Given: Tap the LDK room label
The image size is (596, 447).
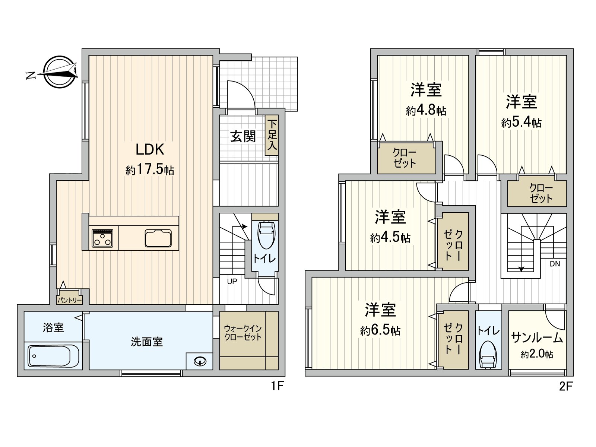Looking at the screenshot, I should tap(150, 150).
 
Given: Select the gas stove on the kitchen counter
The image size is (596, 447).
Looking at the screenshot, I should tap(102, 238).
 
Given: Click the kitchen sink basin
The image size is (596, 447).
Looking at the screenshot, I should tap(158, 238).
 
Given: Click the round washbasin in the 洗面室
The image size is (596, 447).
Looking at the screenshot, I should tap(200, 361).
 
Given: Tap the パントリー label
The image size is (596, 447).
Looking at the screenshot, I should tap(69, 300).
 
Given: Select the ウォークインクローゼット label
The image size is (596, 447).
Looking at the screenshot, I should tap(243, 333).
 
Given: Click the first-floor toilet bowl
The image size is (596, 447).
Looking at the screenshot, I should tap(266, 235).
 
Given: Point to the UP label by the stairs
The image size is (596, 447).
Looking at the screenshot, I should tap(232, 282).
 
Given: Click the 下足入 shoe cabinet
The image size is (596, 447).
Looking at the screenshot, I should tap(272, 135).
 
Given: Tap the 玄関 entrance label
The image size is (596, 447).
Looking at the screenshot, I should tap(243, 137).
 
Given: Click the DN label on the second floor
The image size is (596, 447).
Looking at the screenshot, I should tap(555, 264).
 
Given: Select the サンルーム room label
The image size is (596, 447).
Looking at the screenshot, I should tap(537, 337).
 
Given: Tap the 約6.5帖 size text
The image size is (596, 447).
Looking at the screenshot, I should tap(380, 330).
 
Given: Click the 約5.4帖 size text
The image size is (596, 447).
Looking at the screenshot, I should tap(521, 123).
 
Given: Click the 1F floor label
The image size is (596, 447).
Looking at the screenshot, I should tap(277, 386).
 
